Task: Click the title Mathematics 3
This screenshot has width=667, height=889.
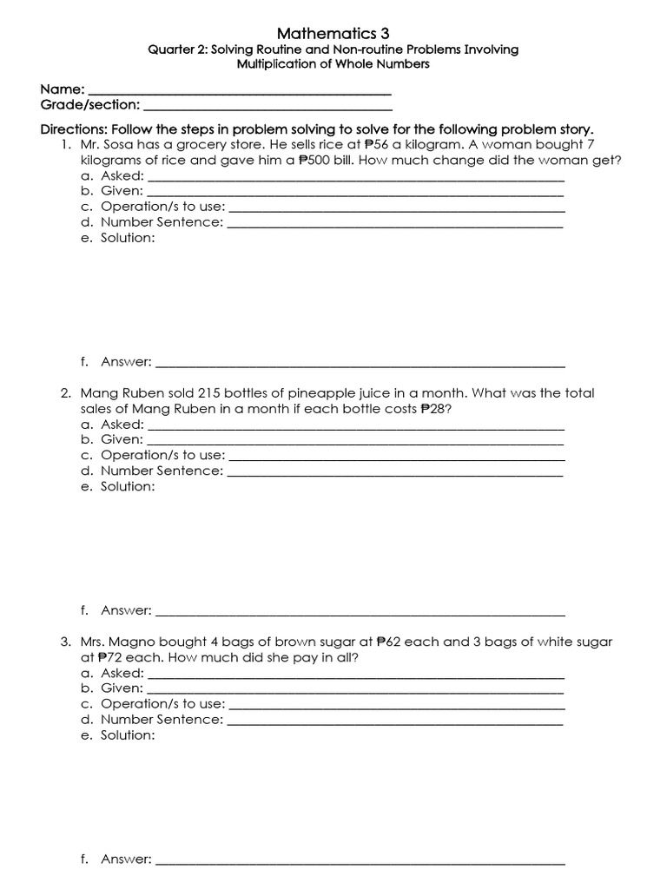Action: click(333, 33)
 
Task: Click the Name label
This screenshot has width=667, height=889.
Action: click(63, 89)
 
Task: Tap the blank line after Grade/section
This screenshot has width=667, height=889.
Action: click(267, 106)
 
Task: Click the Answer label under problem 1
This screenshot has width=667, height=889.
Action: click(125, 362)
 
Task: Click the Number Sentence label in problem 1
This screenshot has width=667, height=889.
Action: click(162, 222)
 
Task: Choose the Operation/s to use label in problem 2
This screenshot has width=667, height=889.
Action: click(162, 455)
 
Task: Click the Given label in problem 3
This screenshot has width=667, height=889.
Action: click(122, 688)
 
